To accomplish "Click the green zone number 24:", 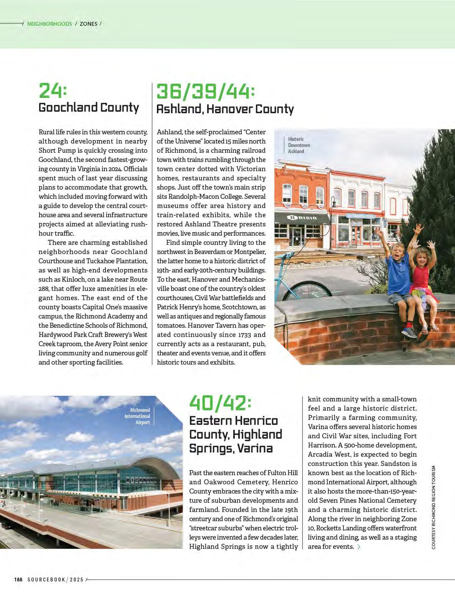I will [53, 91].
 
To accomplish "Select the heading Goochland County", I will [89, 107].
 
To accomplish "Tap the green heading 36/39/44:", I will [206, 92].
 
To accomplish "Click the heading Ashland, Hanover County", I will [225, 109].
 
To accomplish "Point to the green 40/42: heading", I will [221, 403].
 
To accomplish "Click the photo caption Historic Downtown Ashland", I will [299, 145].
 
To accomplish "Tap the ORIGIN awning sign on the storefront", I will [303, 218].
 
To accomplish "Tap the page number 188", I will [18, 580].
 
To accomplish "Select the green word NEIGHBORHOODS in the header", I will [49, 24].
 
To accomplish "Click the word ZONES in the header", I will [89, 24].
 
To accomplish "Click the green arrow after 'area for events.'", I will [359, 547].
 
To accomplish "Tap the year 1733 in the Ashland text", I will [245, 335].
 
